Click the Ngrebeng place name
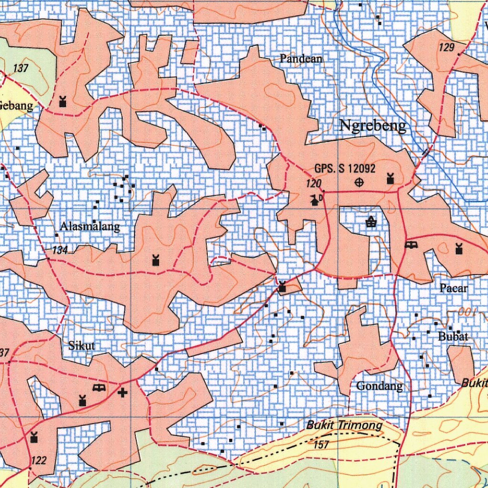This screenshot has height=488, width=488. coord(373,125)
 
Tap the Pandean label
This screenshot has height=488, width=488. coord(301,59)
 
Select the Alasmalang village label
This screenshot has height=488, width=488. coord(90,227)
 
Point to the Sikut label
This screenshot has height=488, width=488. coord(82,346)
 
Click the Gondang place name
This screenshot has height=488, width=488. coord(379,386)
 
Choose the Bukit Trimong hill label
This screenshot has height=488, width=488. coord(344,425)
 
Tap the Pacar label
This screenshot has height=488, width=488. coord(454,288)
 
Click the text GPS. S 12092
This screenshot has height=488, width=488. coord(345,168)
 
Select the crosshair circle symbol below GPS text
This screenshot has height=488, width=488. coord(359,182)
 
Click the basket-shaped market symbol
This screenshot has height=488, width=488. coord(371,222)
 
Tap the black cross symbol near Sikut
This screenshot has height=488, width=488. coord(123,392)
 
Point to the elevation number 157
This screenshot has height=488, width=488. coord(322,444)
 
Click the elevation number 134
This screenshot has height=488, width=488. coord(60,250)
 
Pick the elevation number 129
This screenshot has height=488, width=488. coord(447,47)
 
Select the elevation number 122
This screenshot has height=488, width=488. coord(39,460)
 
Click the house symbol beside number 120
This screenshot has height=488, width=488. coord(315,200)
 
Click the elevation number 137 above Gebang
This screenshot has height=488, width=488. coord(21,68)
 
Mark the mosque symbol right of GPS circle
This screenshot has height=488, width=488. coord(390,179)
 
